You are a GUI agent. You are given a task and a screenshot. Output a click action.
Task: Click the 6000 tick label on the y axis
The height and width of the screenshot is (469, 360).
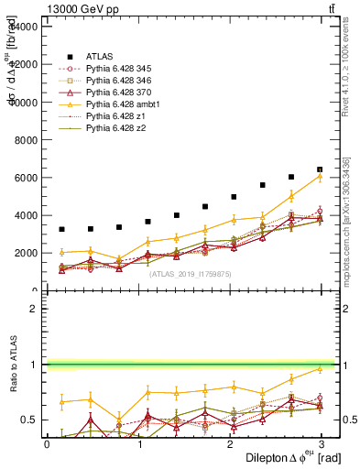(x=25, y=178)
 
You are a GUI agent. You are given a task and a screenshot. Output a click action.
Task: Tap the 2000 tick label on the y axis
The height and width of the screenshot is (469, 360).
(x=25, y=253)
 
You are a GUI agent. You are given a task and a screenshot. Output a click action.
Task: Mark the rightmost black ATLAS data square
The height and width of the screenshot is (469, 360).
(x=320, y=169)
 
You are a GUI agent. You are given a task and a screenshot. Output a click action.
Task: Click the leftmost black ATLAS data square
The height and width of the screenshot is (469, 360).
(x=61, y=229)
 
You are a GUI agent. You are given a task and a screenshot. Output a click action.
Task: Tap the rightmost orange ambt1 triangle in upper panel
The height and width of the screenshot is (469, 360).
(x=320, y=177)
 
